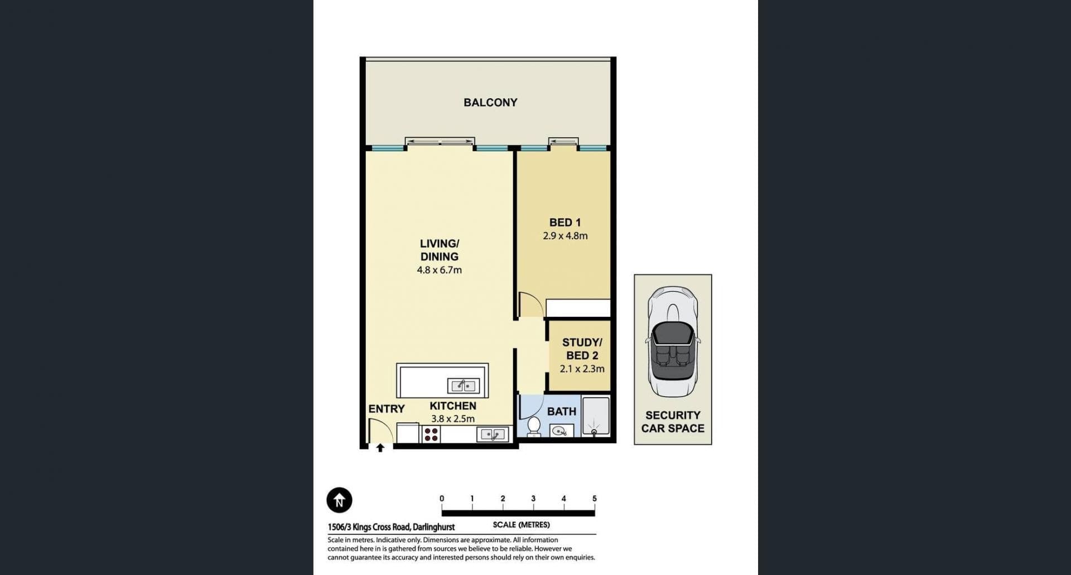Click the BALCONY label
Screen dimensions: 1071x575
point(490,103)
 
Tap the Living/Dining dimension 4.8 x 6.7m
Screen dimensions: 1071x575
point(440,270)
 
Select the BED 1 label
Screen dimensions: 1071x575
point(565,223)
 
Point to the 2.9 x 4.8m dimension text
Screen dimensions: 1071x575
point(565,236)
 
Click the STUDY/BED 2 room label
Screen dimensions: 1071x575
point(582,349)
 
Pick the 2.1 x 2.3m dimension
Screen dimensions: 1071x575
point(582,369)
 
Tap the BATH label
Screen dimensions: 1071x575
point(562,412)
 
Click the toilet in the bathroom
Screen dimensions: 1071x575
point(534,427)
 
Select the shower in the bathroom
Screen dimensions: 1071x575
point(596,415)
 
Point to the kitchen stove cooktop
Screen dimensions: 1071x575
point(431,434)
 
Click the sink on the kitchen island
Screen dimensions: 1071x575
point(462,385)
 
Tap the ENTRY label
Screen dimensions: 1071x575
point(387,409)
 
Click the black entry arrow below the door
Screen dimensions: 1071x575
point(380,447)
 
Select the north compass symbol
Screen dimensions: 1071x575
point(339,500)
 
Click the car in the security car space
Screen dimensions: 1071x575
point(672,342)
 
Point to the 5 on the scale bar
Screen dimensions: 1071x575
point(595,499)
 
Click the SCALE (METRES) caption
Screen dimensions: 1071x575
point(521,525)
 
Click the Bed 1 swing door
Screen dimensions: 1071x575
point(530,305)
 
